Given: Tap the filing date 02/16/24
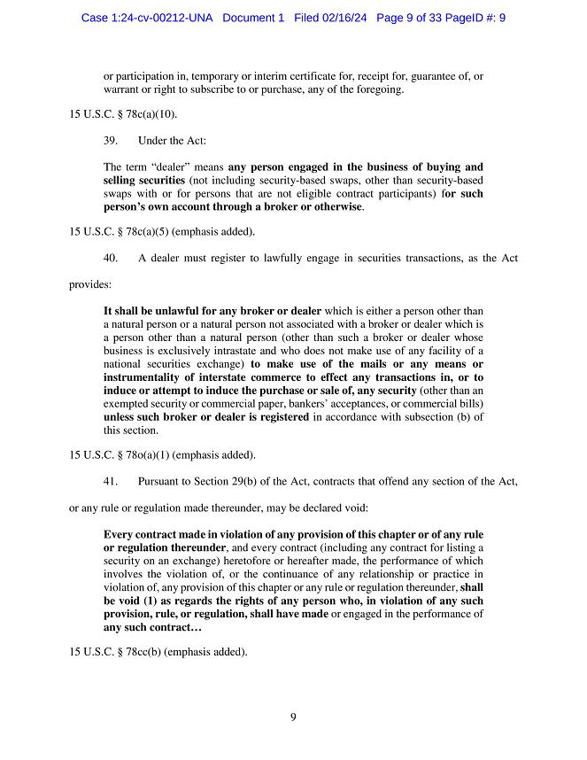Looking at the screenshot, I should coord(346,18).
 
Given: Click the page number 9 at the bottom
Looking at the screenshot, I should coord(293,717).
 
